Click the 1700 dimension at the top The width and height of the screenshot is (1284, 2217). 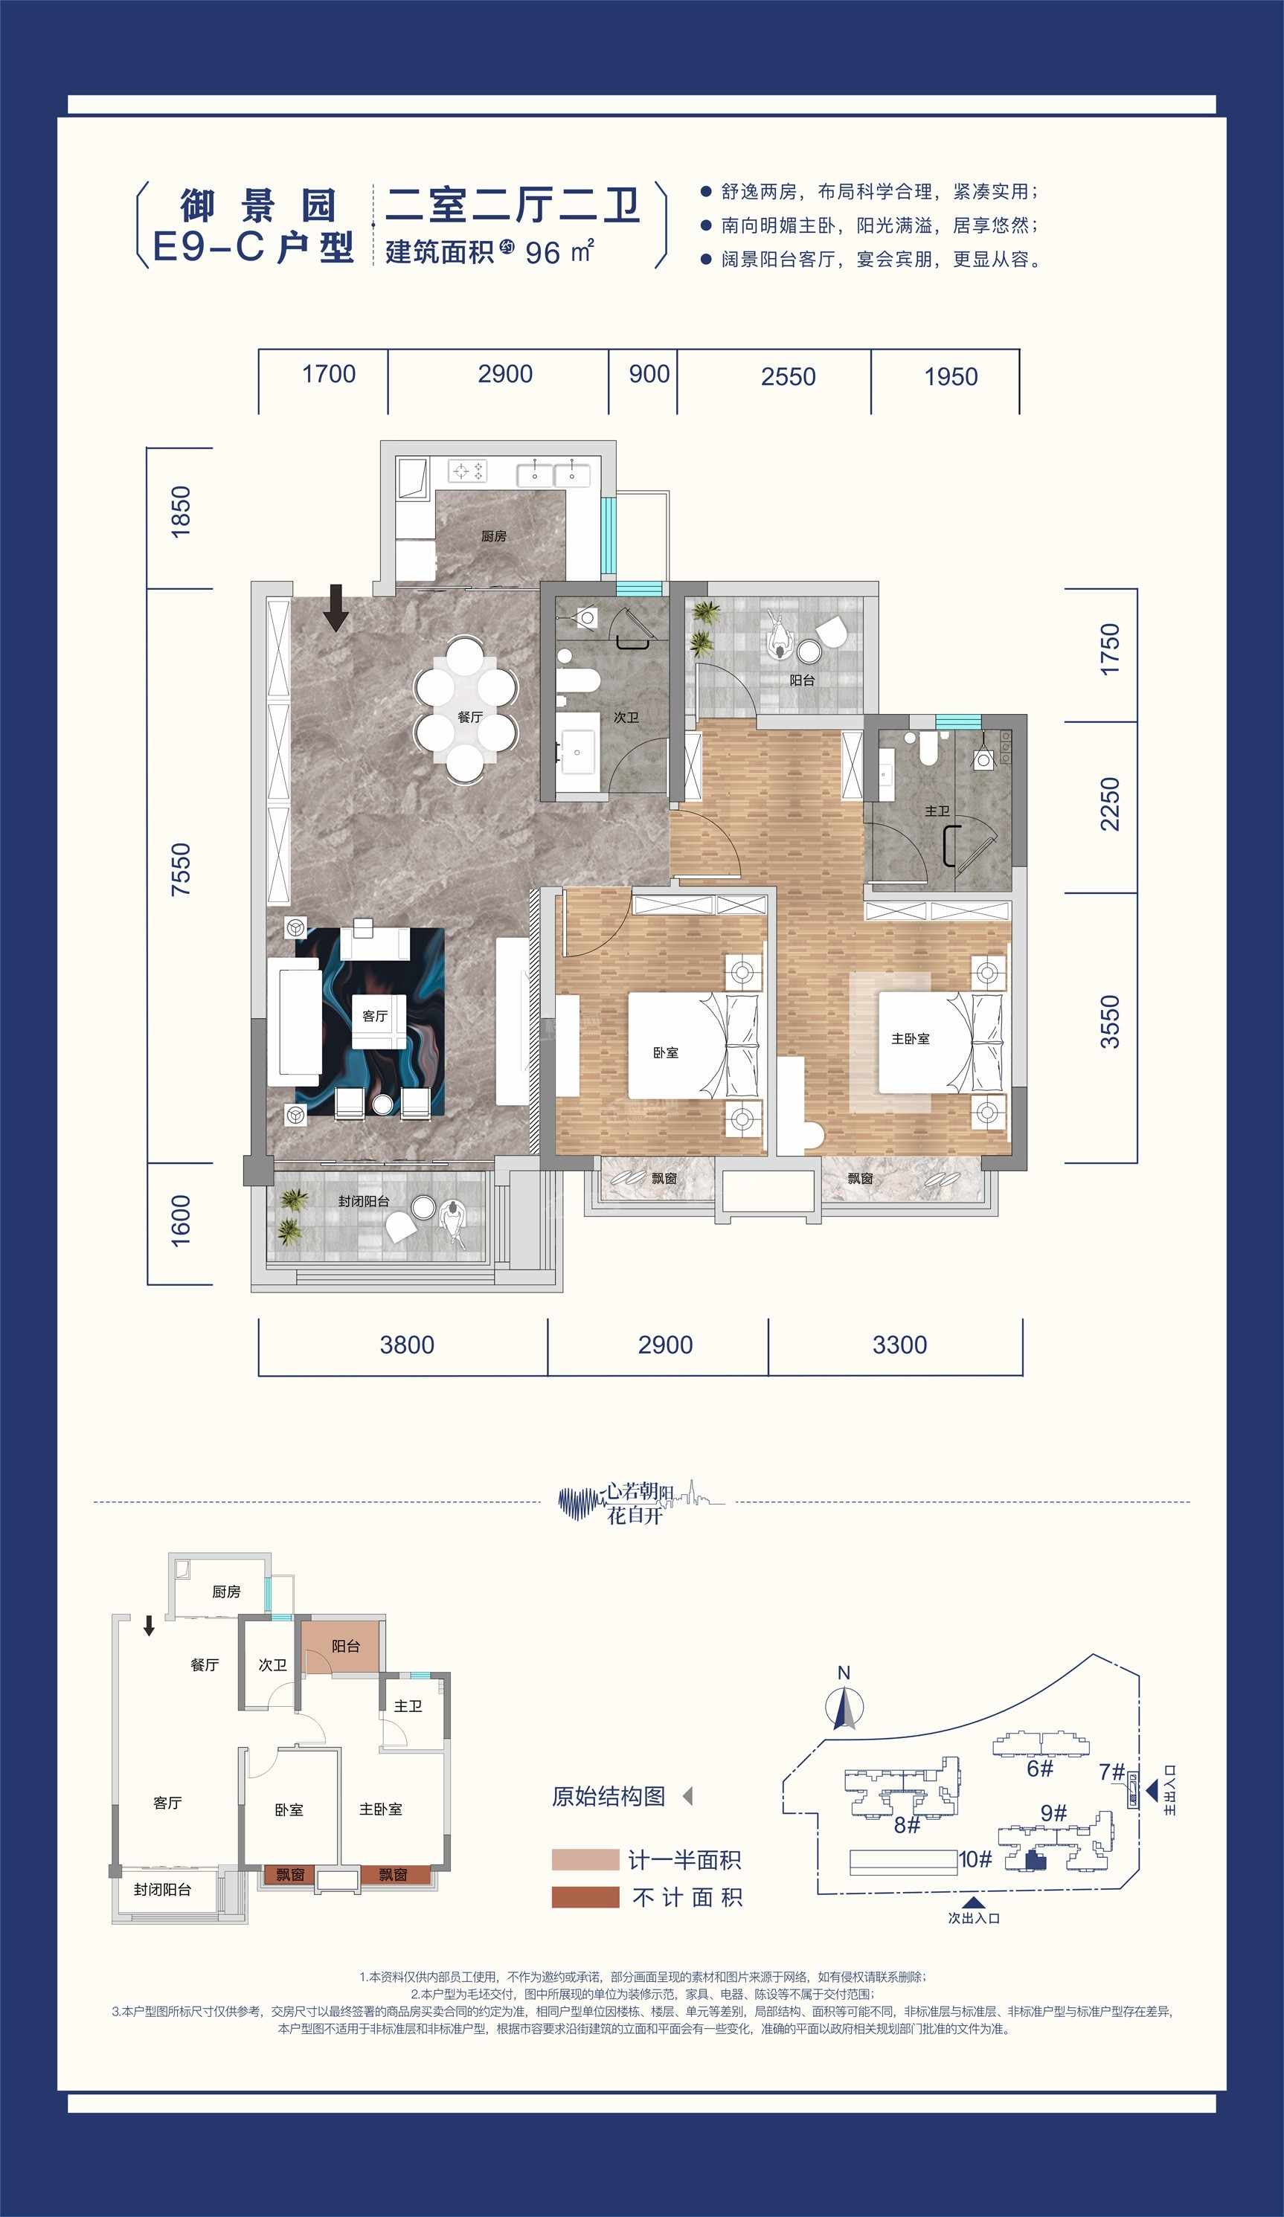pos(328,375)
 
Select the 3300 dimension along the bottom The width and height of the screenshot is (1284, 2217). pos(899,1345)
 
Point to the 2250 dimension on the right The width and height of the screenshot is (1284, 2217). pos(1110,803)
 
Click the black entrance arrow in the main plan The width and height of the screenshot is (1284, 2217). pos(336,608)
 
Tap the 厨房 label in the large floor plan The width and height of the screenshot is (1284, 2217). pos(494,535)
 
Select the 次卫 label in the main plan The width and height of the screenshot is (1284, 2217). pos(626,717)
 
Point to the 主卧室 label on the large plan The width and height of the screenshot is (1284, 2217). pos(910,1039)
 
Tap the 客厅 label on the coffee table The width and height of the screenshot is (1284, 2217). pos(375,1016)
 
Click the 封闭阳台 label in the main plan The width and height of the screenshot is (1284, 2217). pos(364,1201)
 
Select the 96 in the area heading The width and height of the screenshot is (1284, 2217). pos(542,254)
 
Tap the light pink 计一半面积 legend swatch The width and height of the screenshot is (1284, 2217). pos(585,1859)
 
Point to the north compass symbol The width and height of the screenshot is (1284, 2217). pos(844,1708)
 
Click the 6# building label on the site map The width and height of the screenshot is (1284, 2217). pos(1039,1769)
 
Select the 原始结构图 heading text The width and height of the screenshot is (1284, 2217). pos(608,1797)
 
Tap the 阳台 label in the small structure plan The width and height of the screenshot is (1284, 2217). pos(345,1646)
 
